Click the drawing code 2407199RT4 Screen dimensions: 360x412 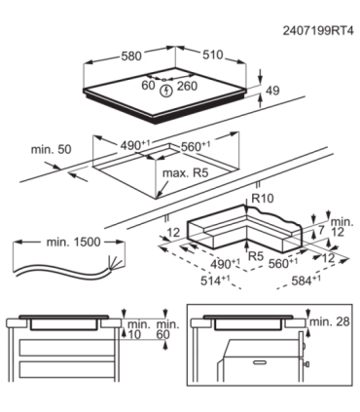318,31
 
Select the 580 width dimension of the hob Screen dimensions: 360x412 131,56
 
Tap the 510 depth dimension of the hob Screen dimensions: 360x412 213,55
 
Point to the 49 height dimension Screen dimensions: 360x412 272,91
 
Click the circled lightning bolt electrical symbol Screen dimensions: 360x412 166,91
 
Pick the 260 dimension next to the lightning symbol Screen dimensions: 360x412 187,86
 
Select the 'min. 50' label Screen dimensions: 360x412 51,150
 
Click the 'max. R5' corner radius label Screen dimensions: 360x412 185,173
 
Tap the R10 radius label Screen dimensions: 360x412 263,198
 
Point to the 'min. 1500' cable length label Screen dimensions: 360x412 73,242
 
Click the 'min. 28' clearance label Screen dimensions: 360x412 330,321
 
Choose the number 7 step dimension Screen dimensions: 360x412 321,230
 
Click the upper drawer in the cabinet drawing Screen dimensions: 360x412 66,348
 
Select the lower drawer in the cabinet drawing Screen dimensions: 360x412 66,369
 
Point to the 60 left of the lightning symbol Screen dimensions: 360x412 148,86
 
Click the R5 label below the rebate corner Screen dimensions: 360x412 256,256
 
